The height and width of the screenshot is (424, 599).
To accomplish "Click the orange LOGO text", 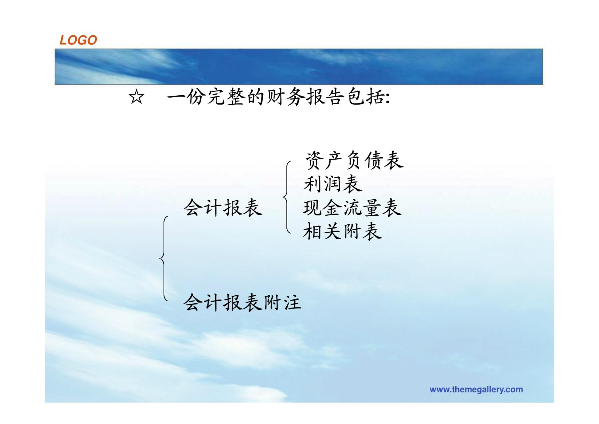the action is pyautogui.click(x=78, y=40).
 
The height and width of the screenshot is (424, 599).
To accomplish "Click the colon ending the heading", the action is pyautogui.click(x=388, y=98).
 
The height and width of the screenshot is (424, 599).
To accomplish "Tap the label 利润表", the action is pyautogui.click(x=333, y=184).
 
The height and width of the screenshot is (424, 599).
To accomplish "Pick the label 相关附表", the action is pyautogui.click(x=343, y=231).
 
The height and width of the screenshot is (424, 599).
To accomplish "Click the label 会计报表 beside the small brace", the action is pyautogui.click(x=223, y=207).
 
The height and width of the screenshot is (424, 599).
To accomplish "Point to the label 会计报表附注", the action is pyautogui.click(x=242, y=302).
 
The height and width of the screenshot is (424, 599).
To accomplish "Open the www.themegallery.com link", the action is pyautogui.click(x=476, y=389).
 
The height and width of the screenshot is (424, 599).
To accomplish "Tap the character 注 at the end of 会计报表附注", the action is pyautogui.click(x=292, y=302).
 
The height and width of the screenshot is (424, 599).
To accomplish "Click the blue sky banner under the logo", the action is pyautogui.click(x=299, y=67).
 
